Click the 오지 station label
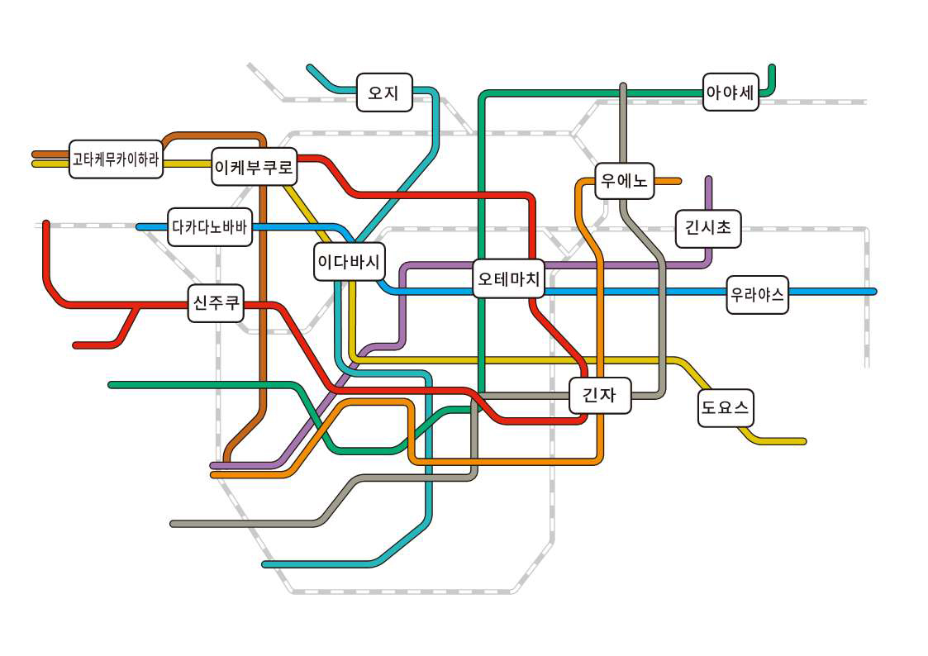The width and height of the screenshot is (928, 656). pyautogui.click(x=384, y=93)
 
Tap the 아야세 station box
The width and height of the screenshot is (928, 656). pyautogui.click(x=731, y=93)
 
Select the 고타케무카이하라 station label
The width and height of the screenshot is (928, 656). pyautogui.click(x=116, y=159)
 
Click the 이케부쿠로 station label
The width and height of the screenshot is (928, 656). pyautogui.click(x=254, y=167)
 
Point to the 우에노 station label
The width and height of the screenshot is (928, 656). pyautogui.click(x=625, y=180)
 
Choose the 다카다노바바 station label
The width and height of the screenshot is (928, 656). pyautogui.click(x=210, y=226)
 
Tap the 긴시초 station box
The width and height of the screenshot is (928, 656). pyautogui.click(x=708, y=228)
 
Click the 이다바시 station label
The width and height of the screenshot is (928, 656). pyautogui.click(x=350, y=261)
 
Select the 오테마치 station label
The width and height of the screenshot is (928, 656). pyautogui.click(x=509, y=278)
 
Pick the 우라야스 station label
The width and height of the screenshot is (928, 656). pyautogui.click(x=758, y=294)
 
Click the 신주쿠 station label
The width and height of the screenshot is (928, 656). pyautogui.click(x=216, y=303)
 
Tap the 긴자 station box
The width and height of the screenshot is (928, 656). pyautogui.click(x=600, y=395)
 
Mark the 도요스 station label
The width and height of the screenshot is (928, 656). pyautogui.click(x=726, y=407)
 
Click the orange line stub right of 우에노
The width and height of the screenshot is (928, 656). pyautogui.click(x=668, y=181)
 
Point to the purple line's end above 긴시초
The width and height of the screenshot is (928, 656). pyautogui.click(x=708, y=178)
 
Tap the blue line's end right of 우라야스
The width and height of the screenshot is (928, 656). pyautogui.click(x=873, y=291)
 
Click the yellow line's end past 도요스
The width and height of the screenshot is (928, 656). pyautogui.click(x=803, y=441)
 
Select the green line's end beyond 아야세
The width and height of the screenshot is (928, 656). pyautogui.click(x=772, y=68)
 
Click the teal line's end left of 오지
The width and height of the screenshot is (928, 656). pyautogui.click(x=310, y=67)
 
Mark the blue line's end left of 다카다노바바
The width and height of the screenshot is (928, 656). pyautogui.click(x=140, y=226)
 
